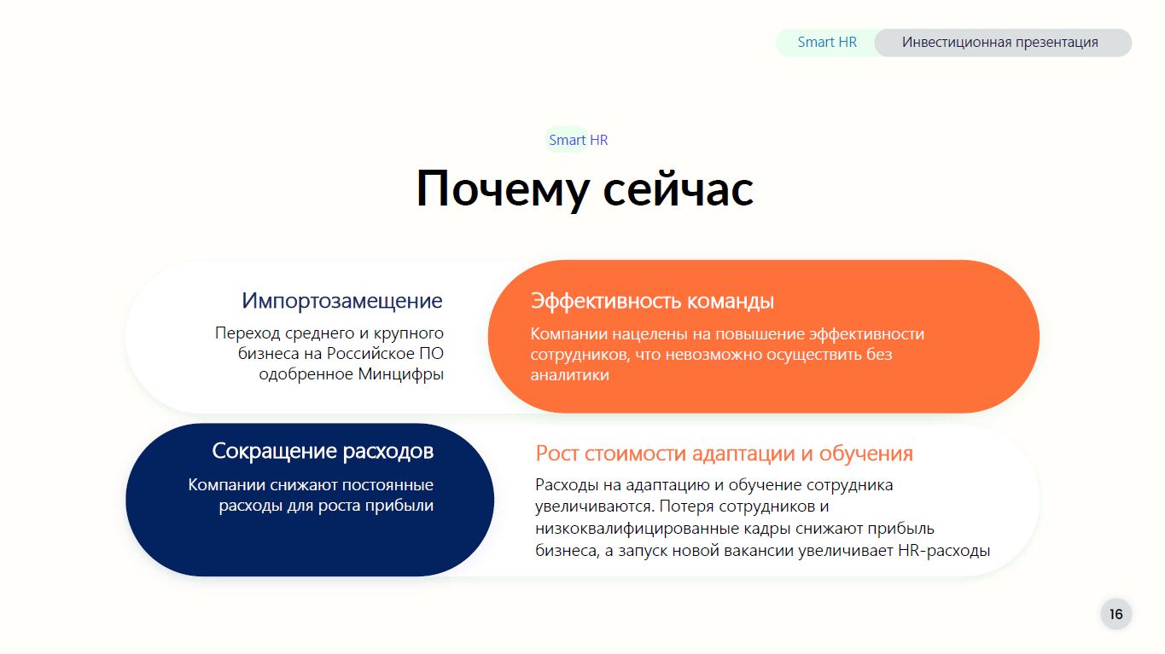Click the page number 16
click(1116, 615)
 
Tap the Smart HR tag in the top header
click(827, 42)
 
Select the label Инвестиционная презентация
click(1000, 42)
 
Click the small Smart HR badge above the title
click(578, 140)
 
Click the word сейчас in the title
click(679, 189)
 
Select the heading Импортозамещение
click(341, 301)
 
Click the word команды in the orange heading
click(731, 302)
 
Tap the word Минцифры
click(401, 374)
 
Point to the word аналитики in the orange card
click(569, 375)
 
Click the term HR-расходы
click(944, 550)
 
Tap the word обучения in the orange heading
click(866, 454)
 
